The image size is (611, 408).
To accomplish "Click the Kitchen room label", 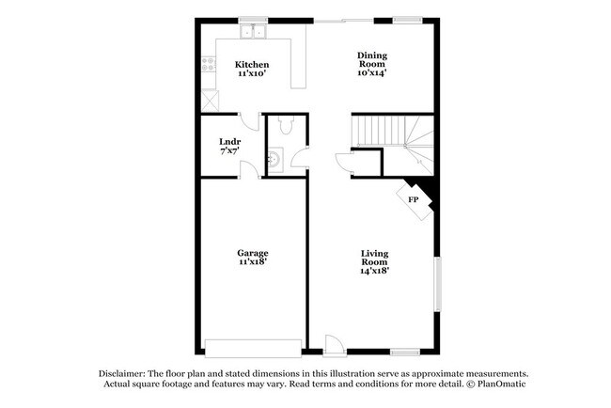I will point(251,65).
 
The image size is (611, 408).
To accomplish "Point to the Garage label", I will point(252,254).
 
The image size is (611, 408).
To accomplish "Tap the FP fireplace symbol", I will point(413,199).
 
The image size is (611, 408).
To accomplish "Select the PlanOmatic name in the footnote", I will point(498,384).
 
